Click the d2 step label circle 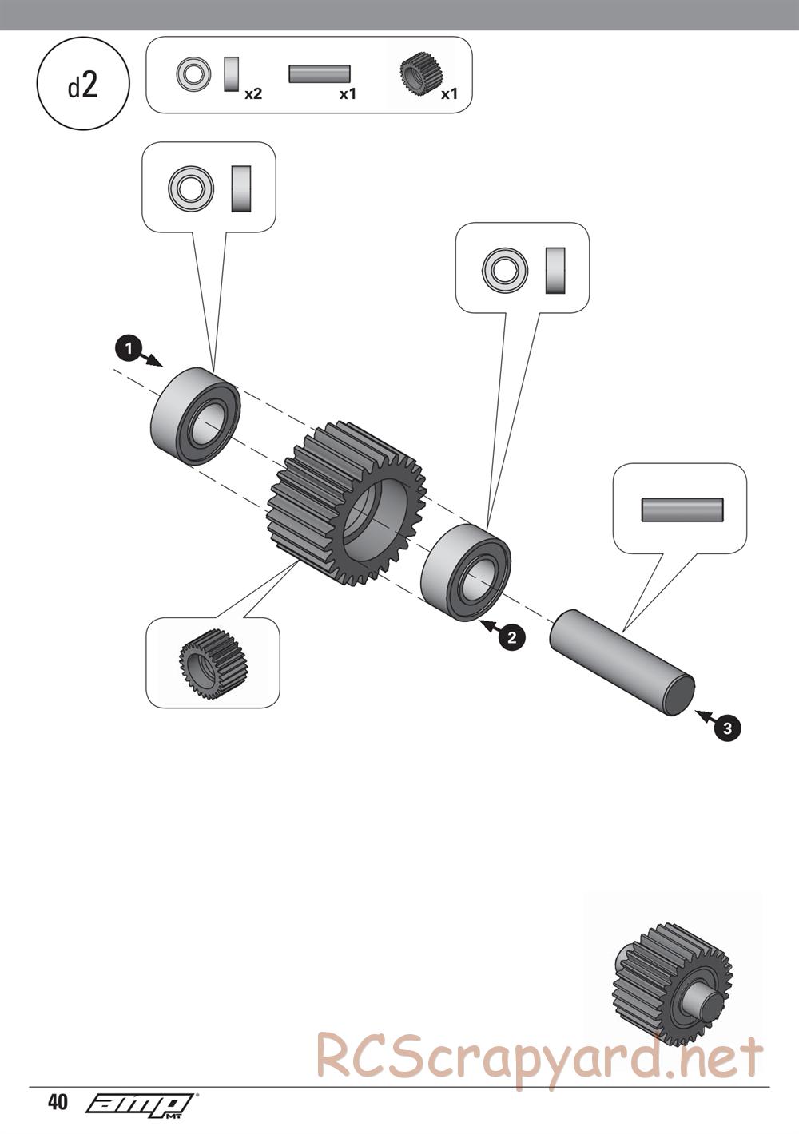[83, 85]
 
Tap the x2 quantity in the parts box [253, 94]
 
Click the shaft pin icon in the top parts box [319, 74]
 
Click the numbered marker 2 [511, 636]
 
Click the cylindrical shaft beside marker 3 [622, 663]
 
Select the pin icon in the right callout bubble [682, 510]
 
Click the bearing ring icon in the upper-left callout [191, 189]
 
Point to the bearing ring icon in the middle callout [505, 269]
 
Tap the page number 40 [58, 1103]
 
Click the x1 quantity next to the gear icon [450, 94]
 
